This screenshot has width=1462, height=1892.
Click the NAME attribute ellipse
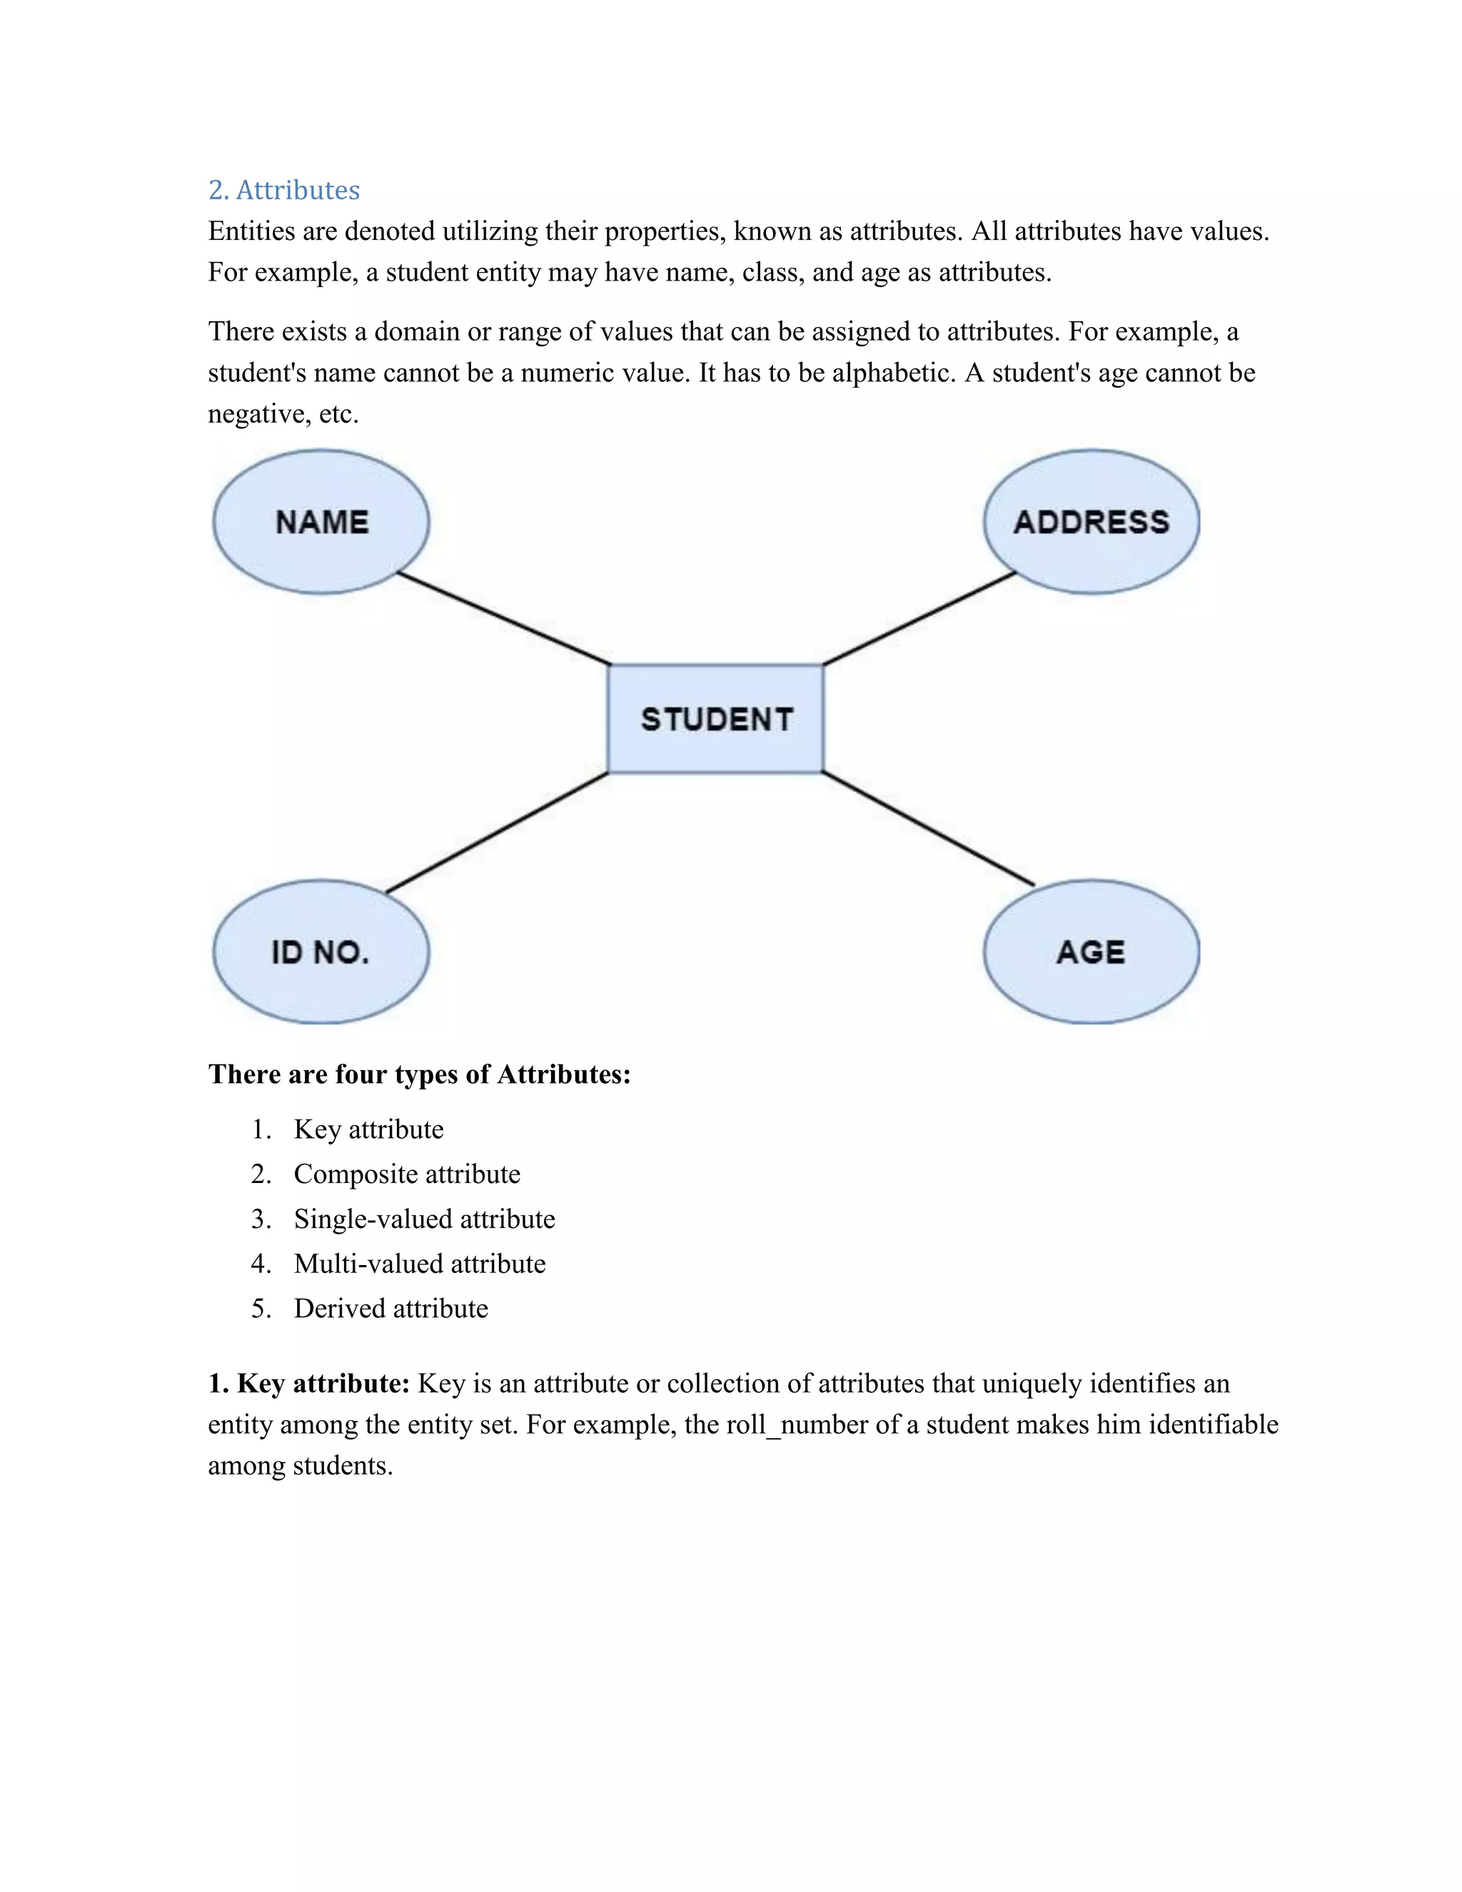[x=321, y=521]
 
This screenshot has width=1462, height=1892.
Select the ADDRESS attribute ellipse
[x=1092, y=521]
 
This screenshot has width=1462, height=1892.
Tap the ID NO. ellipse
[x=321, y=951]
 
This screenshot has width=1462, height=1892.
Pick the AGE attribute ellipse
[x=1092, y=951]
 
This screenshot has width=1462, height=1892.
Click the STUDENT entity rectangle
[x=716, y=718]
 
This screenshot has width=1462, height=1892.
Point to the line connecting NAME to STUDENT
[x=504, y=618]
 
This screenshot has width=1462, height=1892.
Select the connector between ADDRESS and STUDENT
[x=919, y=618]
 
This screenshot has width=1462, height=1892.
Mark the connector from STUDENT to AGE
[x=927, y=829]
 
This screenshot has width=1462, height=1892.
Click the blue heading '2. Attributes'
[x=284, y=190]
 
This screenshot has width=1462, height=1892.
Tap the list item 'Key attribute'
[x=368, y=1129]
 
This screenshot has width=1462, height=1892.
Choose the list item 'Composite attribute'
[x=407, y=1174]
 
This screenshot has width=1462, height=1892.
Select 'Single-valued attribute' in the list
[x=425, y=1219]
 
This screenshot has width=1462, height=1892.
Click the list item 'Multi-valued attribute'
[x=420, y=1263]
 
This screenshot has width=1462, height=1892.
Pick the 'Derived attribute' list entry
[x=390, y=1308]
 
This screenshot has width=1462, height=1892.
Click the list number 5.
[x=259, y=1308]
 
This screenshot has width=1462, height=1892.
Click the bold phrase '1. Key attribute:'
[x=308, y=1384]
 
